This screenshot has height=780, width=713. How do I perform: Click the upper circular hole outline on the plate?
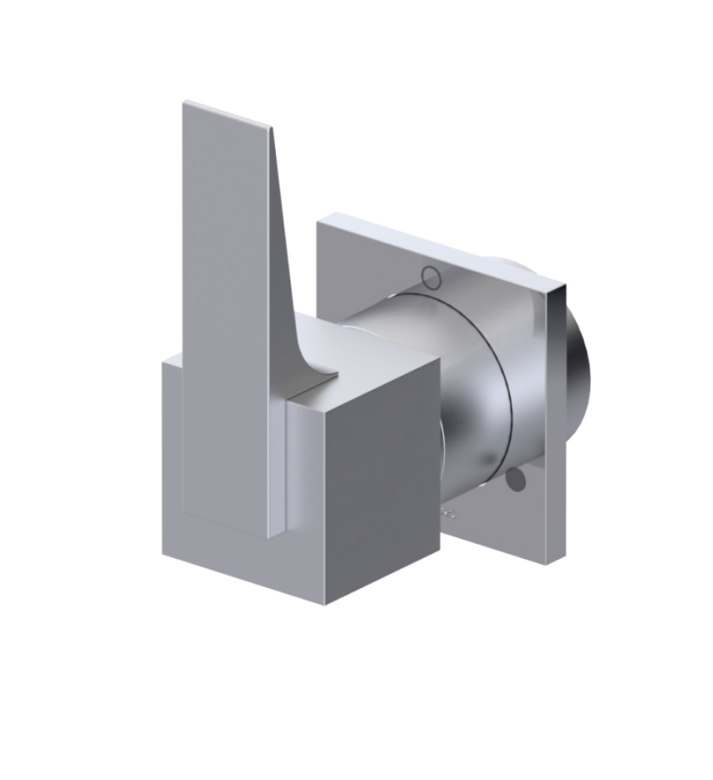coord(431,277)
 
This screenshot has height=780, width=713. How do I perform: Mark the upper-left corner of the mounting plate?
coord(319,222)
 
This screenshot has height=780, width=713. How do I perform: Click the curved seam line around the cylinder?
coord(506,377)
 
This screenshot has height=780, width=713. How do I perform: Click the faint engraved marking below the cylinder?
coord(447,513)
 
